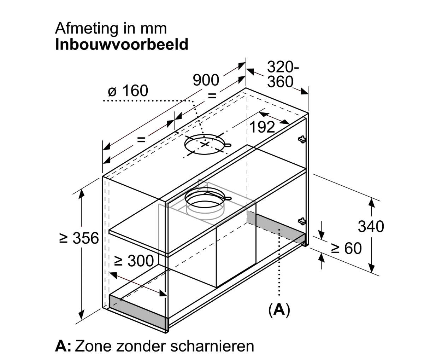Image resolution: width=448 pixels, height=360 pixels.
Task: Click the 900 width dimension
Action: coord(206,80)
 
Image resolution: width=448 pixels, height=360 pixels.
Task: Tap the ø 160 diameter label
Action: coord(127,91)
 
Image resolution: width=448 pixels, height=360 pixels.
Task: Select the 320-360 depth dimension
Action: coord(281,75)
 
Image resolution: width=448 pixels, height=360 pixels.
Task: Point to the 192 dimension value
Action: coord(262,127)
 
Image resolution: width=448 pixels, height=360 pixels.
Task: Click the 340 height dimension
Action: coord(371,226)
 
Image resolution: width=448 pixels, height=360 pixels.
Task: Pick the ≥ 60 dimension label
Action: coord(347,249)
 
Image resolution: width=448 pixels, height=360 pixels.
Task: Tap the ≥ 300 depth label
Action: coord(134,261)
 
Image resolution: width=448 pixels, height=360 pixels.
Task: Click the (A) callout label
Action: coord(279,309)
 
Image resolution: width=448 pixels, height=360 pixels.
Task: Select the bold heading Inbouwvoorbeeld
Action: coord(122,45)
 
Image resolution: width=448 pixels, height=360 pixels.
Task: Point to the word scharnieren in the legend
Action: coord(212,346)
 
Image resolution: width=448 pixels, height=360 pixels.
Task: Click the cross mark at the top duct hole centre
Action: coord(205,144)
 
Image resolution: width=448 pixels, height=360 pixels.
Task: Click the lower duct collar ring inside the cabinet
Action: coord(205,203)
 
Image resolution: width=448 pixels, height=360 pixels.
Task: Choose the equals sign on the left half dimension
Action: coord(141,139)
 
